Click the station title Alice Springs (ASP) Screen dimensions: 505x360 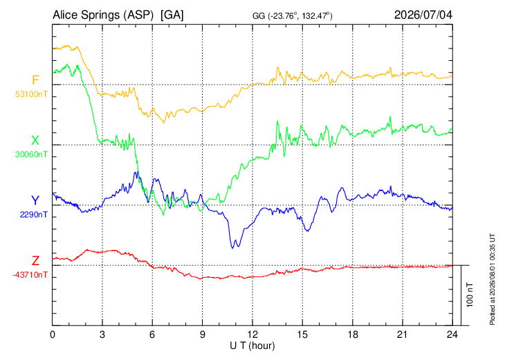coord(103,15)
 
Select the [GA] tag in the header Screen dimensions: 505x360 coord(172,15)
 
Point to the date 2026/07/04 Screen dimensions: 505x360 coord(423,15)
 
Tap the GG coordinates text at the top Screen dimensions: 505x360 coord(292,15)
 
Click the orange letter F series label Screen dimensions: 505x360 coord(35,80)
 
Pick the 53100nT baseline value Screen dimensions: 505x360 coord(31,94)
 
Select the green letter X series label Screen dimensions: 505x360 coord(35,141)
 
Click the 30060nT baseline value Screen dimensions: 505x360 coord(31,154)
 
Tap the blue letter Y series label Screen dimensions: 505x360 coord(35,201)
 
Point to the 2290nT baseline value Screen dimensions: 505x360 coord(33,215)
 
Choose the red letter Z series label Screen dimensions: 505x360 coord(35,260)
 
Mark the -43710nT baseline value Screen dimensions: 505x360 coord(30,275)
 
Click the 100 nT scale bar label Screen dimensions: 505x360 coord(470,295)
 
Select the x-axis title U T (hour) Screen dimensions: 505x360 coord(252,346)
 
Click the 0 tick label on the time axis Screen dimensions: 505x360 coord(53,334)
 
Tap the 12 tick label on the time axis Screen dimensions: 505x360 coord(252,334)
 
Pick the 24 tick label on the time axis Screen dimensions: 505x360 coord(452,334)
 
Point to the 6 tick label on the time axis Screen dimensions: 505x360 coord(152,334)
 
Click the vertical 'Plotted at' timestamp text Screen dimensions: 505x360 coord(492,279)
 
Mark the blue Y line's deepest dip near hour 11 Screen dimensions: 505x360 coord(232,248)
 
